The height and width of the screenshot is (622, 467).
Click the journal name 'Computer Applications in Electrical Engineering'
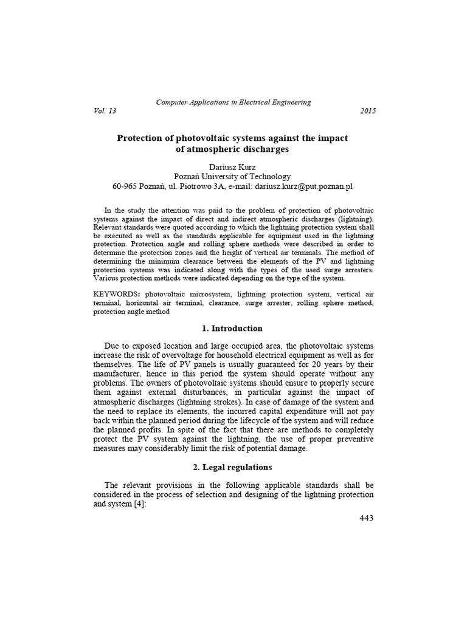233,102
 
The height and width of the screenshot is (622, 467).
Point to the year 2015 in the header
367,111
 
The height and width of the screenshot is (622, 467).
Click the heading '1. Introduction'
232,329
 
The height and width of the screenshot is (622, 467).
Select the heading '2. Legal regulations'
232,467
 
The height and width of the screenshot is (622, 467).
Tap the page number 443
367,518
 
